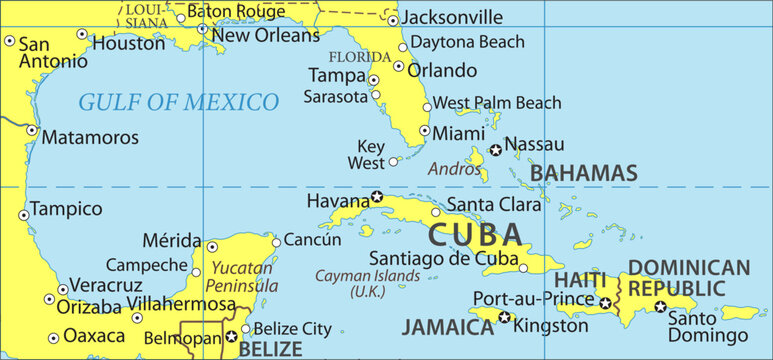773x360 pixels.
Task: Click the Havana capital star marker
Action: (377, 197)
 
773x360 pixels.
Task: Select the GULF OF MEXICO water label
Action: (178, 102)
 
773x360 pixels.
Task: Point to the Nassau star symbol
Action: (495, 150)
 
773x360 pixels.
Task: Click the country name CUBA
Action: (475, 236)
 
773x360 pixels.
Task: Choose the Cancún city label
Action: (313, 240)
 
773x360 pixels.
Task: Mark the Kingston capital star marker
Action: (504, 318)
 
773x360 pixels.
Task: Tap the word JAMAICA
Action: (448, 326)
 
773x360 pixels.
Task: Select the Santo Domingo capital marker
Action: (660, 306)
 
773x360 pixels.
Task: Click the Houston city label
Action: (129, 44)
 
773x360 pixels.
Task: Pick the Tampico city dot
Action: (24, 214)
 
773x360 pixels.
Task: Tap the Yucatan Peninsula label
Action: (240, 277)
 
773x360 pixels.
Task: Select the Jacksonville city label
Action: (453, 17)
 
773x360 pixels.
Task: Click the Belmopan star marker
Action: (231, 337)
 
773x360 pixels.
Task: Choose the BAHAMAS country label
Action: (584, 173)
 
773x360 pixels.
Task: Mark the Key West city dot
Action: (393, 161)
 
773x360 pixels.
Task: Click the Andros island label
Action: (455, 169)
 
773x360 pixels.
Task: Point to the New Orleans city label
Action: (266, 35)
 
